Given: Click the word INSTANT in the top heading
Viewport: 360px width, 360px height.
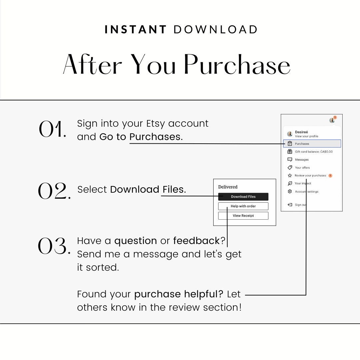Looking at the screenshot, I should coord(135,29).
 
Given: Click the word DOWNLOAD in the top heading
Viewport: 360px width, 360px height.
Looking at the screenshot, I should coord(216,29).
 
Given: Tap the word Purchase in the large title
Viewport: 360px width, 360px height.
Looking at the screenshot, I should coord(237,64).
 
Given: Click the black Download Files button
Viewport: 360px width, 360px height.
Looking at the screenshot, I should coord(243,197).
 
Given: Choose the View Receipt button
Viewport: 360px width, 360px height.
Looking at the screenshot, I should coord(243,216).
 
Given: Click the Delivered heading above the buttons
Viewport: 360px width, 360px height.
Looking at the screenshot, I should coord(228,187).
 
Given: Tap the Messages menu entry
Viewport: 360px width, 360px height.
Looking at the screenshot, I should coord(302,160).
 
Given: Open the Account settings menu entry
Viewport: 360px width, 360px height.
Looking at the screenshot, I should coord(306,192).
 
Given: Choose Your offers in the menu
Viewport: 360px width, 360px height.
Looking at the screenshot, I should coord(302,168).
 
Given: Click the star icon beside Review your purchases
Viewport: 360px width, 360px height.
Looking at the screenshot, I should coord(290,175).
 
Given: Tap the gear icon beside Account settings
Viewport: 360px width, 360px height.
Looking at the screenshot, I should coord(290,192).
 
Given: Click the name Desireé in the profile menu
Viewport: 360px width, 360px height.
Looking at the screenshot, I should coord(301,132).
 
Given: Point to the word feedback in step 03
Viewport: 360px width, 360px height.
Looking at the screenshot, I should coord(196,241).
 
